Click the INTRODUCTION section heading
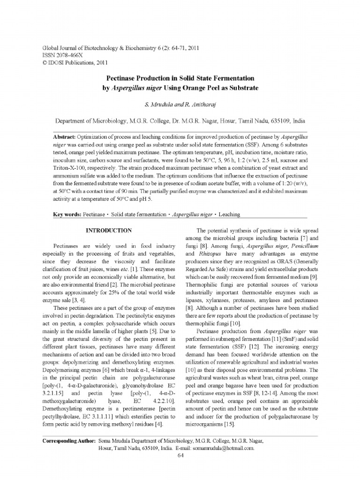click(108, 231)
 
